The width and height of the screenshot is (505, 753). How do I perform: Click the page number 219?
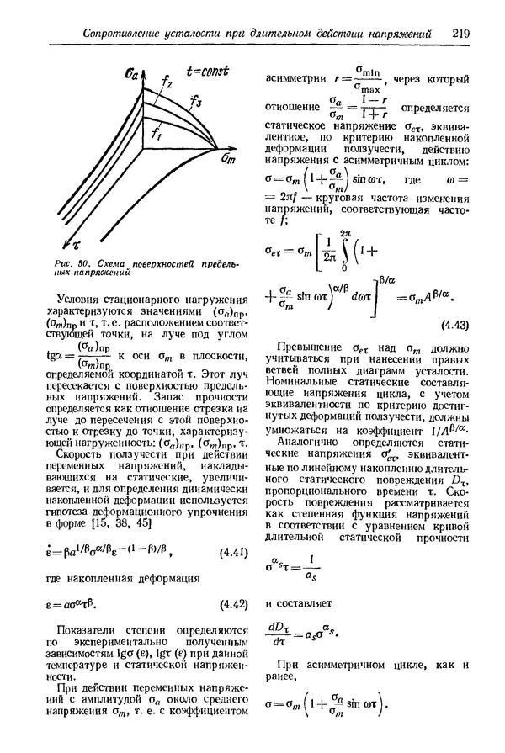point(460,34)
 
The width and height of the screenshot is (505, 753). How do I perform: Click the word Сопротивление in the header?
point(114,34)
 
